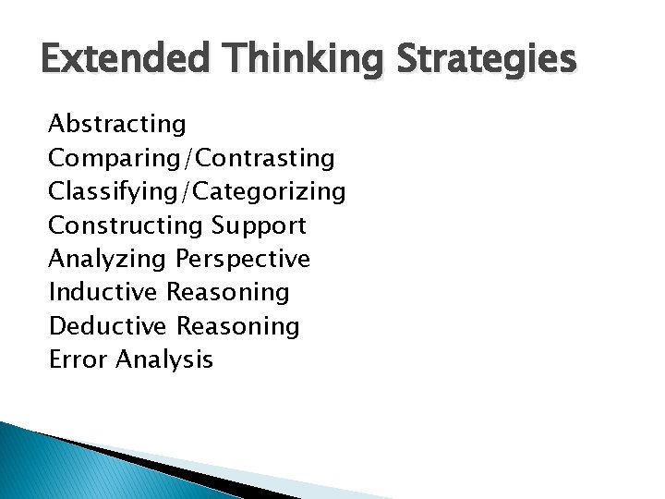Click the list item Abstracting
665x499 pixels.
117,123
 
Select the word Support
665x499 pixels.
260,225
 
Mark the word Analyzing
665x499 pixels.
110,259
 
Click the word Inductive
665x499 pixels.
103,293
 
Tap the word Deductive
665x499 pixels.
108,326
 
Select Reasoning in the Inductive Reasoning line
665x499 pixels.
228,293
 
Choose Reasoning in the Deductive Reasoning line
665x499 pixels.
238,326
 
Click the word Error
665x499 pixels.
78,359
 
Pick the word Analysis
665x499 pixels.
164,359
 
